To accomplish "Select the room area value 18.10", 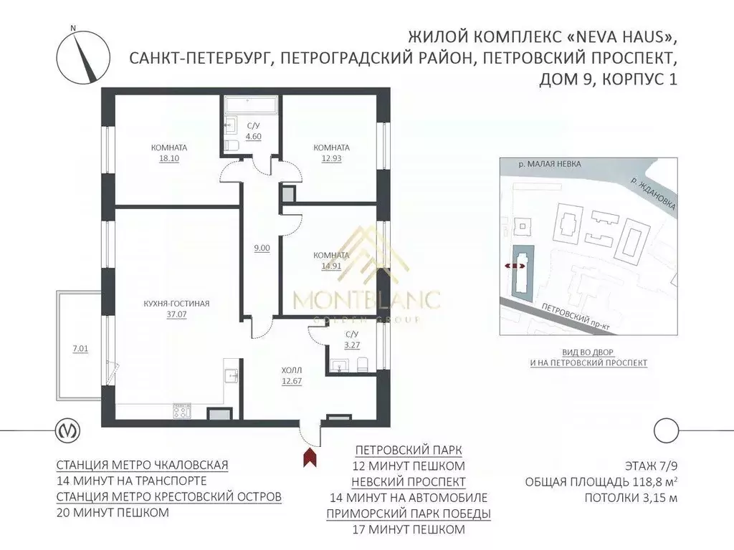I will [x=169, y=158].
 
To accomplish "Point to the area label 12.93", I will [x=331, y=158].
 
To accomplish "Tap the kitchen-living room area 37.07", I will [x=176, y=314].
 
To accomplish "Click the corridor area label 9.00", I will [x=262, y=248].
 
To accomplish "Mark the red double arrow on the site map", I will [x=513, y=266].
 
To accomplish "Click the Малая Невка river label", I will [x=550, y=164].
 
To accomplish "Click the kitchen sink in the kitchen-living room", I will [x=231, y=375].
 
